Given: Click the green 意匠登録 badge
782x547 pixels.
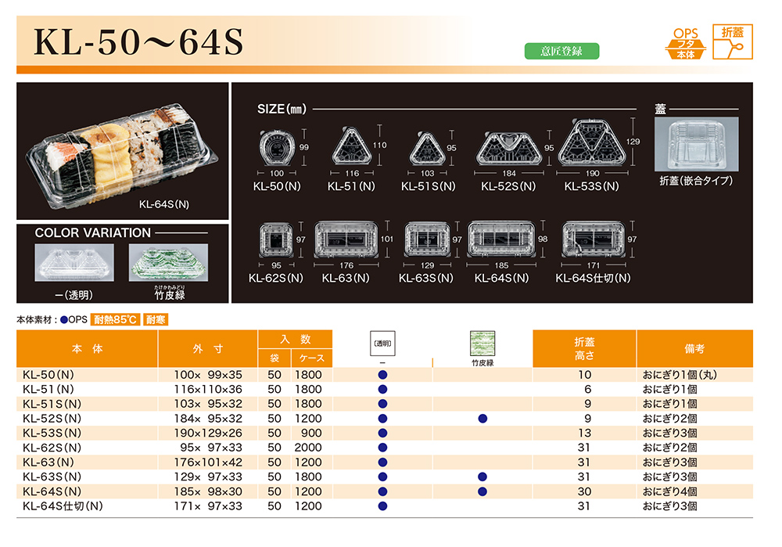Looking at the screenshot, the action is [x=561, y=51].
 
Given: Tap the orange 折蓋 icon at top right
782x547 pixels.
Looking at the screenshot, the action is [x=732, y=42].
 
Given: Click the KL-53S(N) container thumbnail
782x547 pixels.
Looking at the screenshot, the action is [x=592, y=143].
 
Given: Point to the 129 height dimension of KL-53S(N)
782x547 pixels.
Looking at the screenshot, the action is [x=633, y=142].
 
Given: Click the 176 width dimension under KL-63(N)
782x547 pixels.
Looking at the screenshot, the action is [x=346, y=265].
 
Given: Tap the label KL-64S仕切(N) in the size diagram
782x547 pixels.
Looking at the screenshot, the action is [x=593, y=278].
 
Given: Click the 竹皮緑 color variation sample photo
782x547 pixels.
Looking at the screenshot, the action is [x=169, y=262].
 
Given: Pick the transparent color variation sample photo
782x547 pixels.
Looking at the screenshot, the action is [x=74, y=262].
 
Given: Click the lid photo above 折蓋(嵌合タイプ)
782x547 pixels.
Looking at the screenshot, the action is [x=696, y=144].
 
